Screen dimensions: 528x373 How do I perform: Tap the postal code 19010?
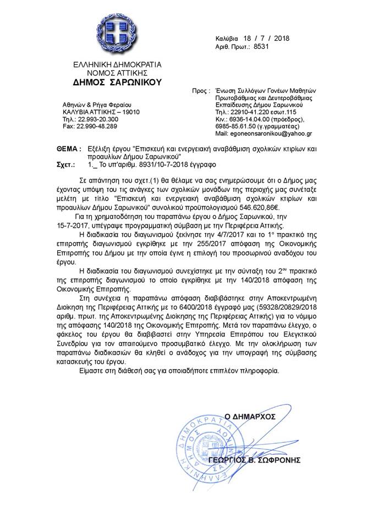click(x=129, y=111)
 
